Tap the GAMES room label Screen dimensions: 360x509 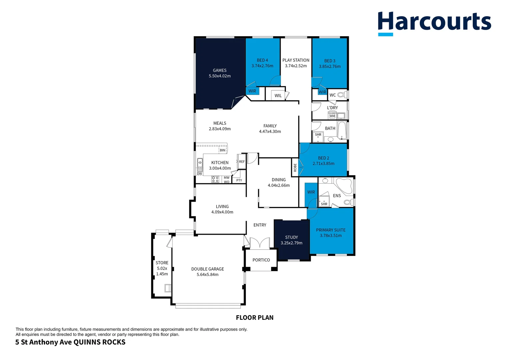click(220, 70)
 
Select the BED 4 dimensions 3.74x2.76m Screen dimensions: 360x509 click(262, 66)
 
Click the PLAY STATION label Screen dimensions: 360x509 click(296, 60)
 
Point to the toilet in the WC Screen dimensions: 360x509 click(341, 95)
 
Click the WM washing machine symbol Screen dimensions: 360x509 click(332, 116)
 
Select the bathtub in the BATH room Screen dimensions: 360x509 click(342, 130)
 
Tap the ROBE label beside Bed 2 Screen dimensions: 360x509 click(295, 167)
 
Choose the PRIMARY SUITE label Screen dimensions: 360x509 click(330, 230)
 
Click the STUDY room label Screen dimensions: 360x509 click(291, 237)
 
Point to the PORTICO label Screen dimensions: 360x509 click(261, 260)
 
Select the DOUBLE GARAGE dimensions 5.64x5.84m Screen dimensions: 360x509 click(208, 275)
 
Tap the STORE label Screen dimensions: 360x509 click(162, 263)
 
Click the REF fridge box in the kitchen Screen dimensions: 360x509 click(242, 162)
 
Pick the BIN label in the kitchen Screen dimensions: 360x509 click(223, 150)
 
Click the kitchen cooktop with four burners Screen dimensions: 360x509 click(216, 179)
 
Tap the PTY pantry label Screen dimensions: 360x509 click(239, 180)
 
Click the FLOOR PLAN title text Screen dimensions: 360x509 click(254, 318)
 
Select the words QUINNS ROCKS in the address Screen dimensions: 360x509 click(99, 342)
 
